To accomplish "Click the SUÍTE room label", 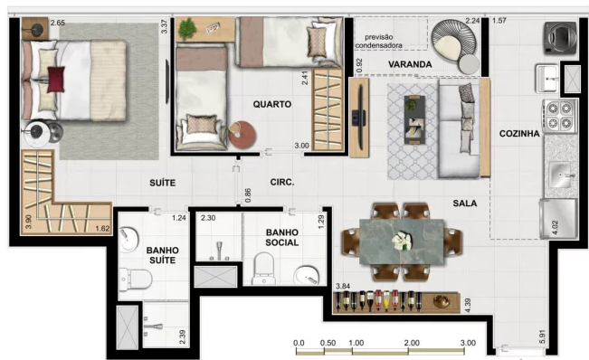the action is click(x=162, y=183).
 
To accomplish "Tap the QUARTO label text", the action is click(x=272, y=104).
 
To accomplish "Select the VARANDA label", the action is click(x=410, y=64).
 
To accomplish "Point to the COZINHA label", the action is click(x=519, y=134).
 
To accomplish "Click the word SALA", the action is click(x=465, y=204).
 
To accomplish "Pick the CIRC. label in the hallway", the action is click(x=282, y=183).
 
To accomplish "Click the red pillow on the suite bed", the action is click(x=55, y=80).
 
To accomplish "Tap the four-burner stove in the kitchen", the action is click(x=559, y=116).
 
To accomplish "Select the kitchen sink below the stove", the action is click(x=560, y=175).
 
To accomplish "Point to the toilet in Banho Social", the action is click(x=263, y=268).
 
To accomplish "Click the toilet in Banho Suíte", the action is click(x=135, y=279).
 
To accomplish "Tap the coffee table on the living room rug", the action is click(x=414, y=119).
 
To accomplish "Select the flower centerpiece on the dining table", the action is click(x=401, y=240).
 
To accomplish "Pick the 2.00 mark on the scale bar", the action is click(x=412, y=343).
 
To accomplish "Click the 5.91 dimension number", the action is click(x=542, y=336).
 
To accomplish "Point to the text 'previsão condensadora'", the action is click(x=378, y=42).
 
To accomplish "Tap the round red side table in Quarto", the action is click(x=242, y=135).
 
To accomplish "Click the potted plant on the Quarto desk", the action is click(x=187, y=29).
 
